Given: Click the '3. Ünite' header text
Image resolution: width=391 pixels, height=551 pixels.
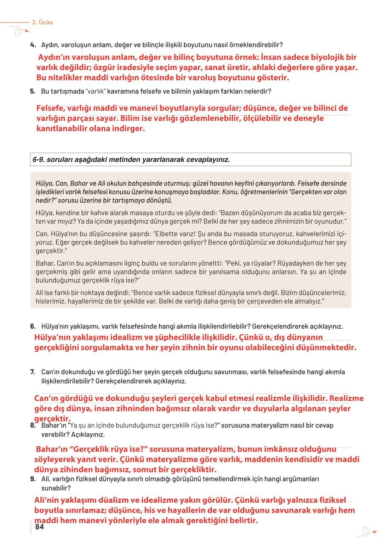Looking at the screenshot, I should [x=42, y=22].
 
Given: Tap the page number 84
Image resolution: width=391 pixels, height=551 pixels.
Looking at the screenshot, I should [x=40, y=527].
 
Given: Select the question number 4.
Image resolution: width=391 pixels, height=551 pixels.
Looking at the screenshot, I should [x=33, y=45].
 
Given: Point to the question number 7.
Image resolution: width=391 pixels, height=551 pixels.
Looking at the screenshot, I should [x=33, y=372].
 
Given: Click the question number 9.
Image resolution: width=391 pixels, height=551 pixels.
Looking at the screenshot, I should [x=33, y=479].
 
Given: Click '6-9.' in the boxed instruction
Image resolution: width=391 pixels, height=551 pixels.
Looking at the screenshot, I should [x=39, y=160].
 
